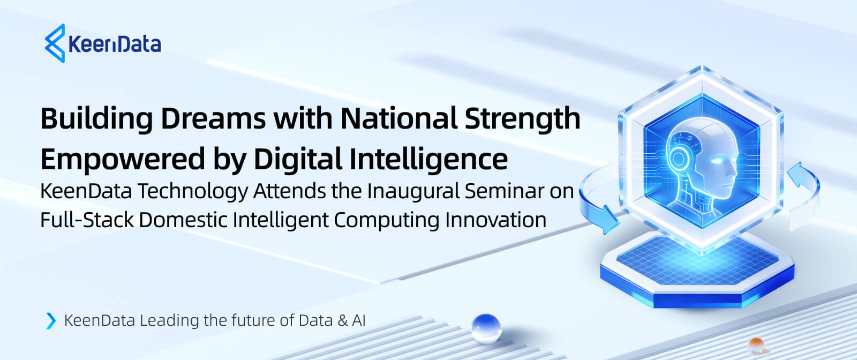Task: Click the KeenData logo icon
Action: (55, 43)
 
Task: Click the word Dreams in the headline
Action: (213, 118)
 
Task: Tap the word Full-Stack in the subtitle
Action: (87, 220)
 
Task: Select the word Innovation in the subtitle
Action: (496, 220)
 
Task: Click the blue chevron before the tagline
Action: (51, 320)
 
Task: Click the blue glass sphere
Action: (486, 328)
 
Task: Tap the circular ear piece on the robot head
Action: (678, 159)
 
